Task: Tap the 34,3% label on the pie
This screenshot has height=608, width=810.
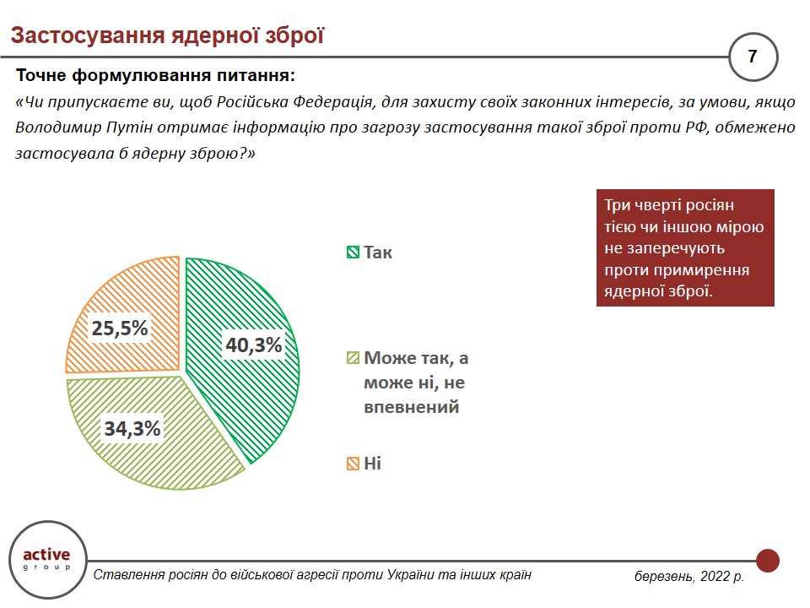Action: point(132,429)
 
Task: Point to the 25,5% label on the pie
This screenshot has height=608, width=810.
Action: point(121,328)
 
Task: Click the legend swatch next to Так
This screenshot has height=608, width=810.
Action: point(353,252)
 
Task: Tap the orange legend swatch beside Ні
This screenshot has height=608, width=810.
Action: point(353,464)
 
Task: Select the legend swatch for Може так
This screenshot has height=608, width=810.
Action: point(353,358)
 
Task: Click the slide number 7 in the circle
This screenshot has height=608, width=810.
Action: point(752,57)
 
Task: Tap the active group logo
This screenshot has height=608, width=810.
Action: point(46,558)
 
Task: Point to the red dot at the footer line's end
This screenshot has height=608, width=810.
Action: point(767,560)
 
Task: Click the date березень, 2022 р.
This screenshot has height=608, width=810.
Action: point(689,577)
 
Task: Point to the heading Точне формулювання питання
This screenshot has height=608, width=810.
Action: point(156,75)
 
